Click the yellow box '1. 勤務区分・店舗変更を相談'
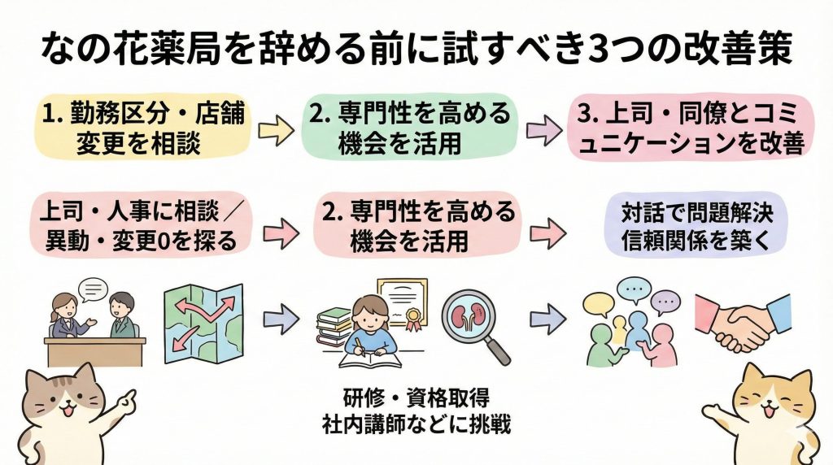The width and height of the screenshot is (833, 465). [x=139, y=128]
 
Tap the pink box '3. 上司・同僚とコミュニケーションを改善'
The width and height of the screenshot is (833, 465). [x=688, y=128]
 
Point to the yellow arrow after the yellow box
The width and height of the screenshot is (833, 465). [x=277, y=131]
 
